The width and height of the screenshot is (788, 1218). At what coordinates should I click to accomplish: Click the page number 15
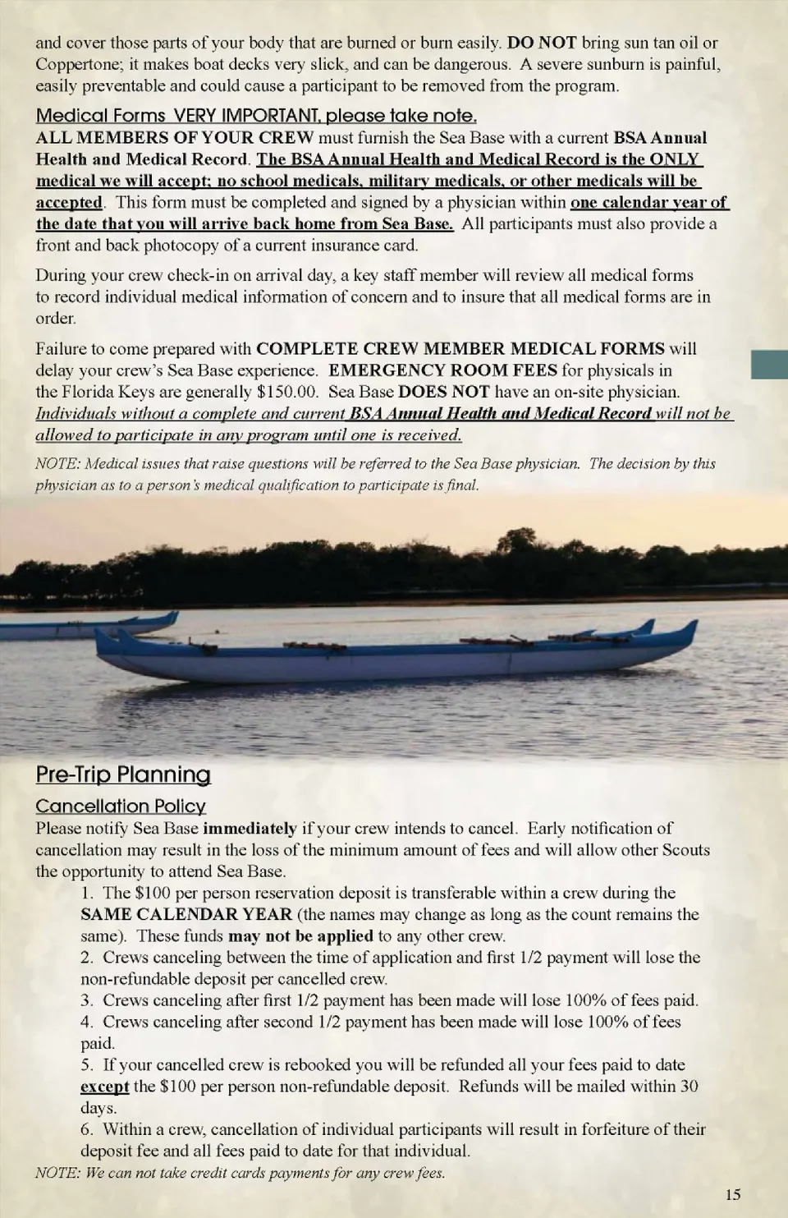(733, 1194)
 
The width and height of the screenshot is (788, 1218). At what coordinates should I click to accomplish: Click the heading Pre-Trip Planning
(123, 774)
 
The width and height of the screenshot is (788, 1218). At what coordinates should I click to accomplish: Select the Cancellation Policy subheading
(121, 806)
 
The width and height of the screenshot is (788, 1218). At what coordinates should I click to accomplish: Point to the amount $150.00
(287, 392)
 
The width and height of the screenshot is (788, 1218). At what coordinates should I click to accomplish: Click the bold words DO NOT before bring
(543, 43)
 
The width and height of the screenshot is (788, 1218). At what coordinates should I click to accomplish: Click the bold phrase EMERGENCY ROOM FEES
(442, 370)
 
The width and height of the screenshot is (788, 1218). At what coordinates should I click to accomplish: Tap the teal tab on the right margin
(769, 364)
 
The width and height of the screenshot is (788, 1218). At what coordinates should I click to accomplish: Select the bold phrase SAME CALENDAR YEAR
(186, 914)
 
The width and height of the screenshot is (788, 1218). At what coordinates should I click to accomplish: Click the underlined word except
(104, 1086)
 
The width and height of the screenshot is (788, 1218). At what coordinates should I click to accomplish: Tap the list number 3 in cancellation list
(86, 1000)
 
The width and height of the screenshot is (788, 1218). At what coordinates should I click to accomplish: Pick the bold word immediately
(250, 828)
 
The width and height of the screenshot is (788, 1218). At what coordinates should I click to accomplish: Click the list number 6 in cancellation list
(86, 1129)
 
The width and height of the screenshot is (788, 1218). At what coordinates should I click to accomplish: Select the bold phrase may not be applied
(300, 935)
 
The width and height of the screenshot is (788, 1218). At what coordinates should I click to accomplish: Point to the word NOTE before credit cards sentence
(56, 1173)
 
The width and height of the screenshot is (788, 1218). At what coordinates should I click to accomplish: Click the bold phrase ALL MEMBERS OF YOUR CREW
(174, 137)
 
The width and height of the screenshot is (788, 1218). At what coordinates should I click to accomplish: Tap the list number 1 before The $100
(86, 893)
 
